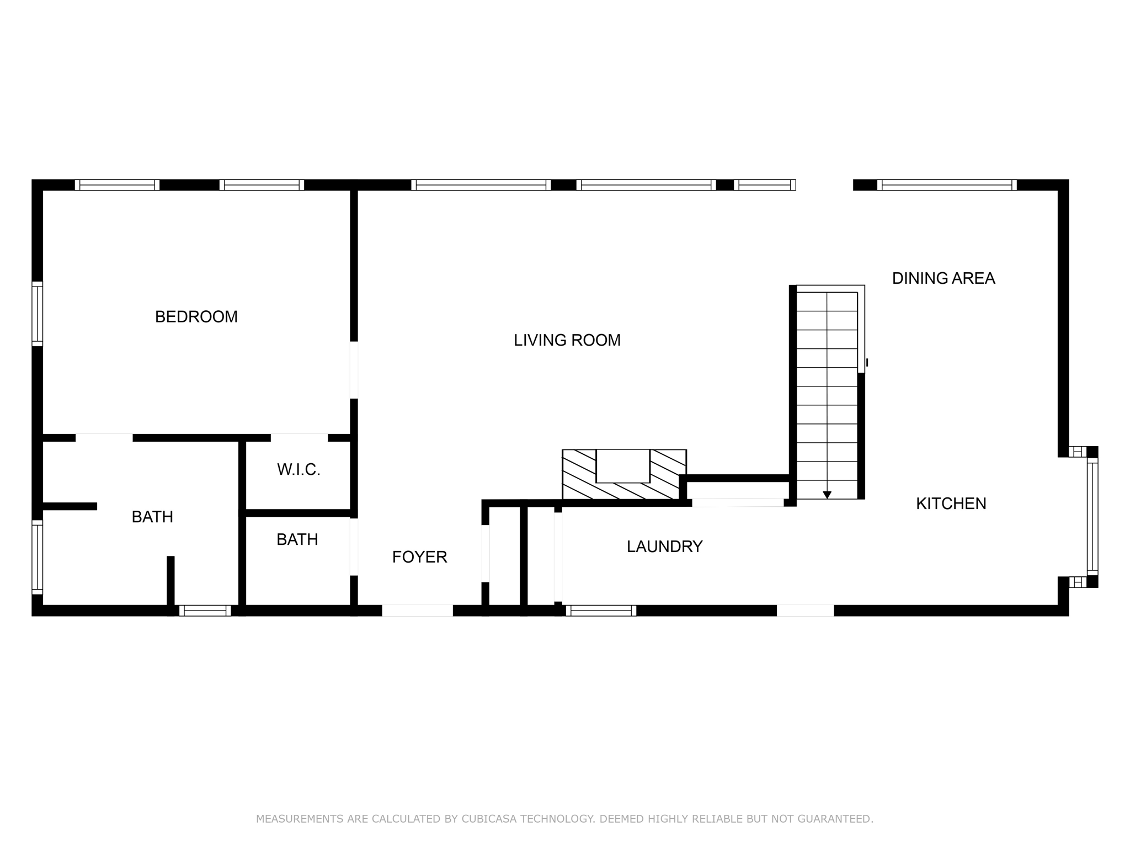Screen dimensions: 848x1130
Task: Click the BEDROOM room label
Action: (196, 317)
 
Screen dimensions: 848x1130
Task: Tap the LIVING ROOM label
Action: (567, 340)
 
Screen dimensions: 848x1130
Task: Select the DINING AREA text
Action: (944, 278)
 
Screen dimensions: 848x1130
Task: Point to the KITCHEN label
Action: (951, 504)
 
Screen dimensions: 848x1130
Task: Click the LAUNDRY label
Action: (664, 547)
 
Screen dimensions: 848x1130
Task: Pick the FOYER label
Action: (419, 557)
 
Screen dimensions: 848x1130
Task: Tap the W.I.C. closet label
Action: (299, 470)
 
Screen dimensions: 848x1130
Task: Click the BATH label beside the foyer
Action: (297, 539)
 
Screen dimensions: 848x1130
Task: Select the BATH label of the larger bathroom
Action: (152, 517)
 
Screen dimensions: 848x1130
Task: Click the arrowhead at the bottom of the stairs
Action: (827, 495)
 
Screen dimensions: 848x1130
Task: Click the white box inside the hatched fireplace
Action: (623, 465)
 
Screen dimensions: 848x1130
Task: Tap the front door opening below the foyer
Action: (418, 610)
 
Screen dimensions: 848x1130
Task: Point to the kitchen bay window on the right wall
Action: (1092, 517)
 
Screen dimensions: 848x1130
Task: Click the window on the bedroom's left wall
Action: (37, 314)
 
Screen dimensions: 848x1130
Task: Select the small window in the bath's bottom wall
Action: (205, 610)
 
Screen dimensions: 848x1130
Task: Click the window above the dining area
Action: (947, 185)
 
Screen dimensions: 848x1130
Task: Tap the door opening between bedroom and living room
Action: (354, 370)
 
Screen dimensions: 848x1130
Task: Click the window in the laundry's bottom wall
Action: (601, 610)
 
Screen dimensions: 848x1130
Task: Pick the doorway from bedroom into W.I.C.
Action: (299, 438)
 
